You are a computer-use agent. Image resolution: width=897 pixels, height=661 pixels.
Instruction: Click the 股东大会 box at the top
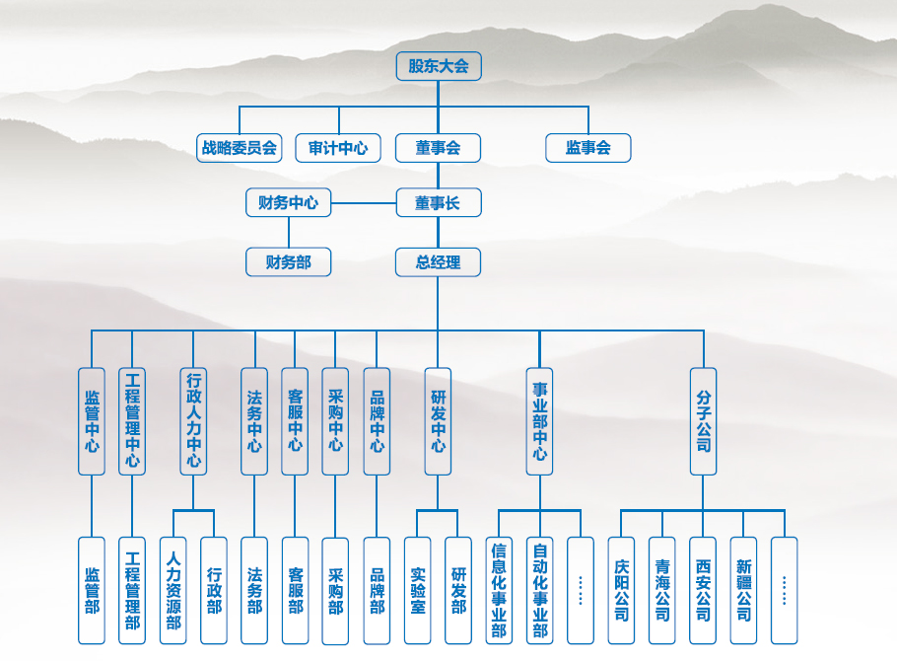438,66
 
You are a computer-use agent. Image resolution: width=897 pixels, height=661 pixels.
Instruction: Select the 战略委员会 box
240,148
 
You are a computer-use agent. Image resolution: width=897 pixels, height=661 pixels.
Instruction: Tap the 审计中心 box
338,148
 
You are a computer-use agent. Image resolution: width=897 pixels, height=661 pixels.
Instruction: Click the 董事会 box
438,148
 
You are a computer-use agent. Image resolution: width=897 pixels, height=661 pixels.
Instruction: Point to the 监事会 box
587,148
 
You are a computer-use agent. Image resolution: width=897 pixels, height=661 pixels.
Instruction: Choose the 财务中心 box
288,203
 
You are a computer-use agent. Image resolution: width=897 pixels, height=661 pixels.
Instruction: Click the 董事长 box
438,203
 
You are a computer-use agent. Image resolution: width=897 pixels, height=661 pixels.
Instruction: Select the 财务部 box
288,261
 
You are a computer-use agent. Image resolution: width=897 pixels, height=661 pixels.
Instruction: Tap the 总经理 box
438,261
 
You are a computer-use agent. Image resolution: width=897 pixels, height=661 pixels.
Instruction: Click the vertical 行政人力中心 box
193,421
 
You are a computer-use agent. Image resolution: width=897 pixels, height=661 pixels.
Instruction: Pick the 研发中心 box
438,421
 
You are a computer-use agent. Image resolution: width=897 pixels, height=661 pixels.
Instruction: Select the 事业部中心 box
539,421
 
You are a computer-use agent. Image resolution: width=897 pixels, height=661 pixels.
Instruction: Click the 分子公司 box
703,421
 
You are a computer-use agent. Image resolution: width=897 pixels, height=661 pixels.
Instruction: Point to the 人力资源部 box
172,590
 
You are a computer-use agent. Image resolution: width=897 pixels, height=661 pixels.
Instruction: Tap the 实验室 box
417,590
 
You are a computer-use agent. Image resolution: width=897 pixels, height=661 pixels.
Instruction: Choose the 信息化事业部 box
499,590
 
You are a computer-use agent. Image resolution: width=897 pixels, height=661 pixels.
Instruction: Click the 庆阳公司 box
621,590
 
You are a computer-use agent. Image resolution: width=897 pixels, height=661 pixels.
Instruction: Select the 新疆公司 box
743,590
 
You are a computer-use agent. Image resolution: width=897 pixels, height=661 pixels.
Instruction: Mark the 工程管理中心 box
132,421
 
